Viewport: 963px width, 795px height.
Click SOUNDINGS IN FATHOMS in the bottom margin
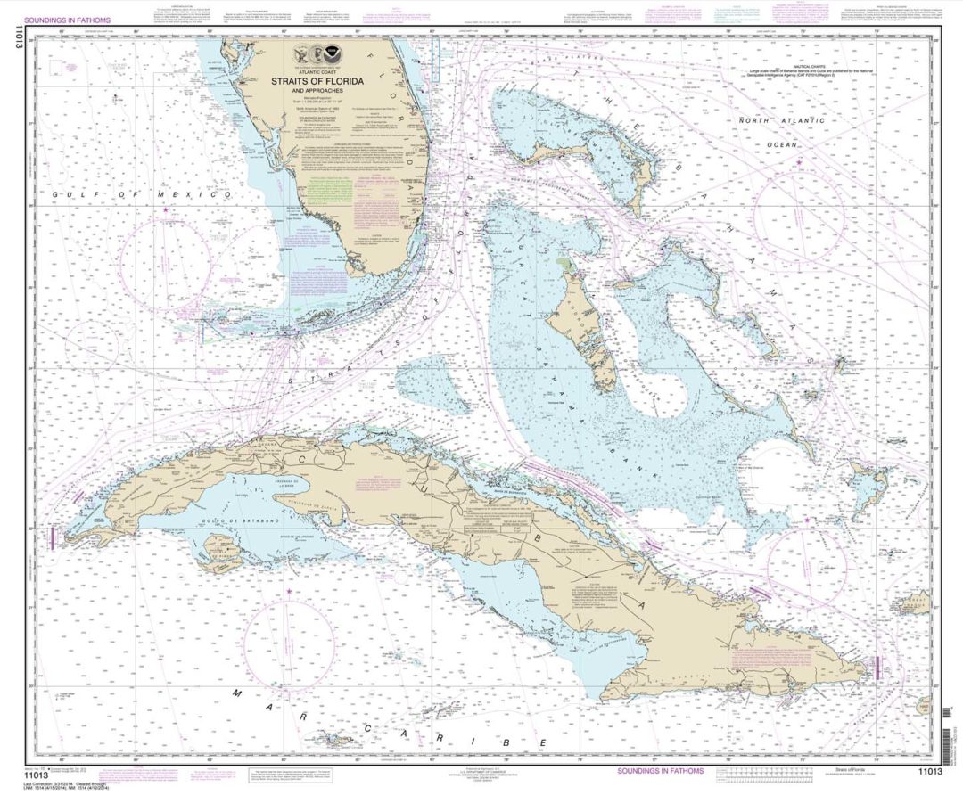coord(660,771)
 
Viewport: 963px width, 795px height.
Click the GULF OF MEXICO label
coord(141,193)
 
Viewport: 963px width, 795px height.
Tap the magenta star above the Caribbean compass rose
coord(288,592)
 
